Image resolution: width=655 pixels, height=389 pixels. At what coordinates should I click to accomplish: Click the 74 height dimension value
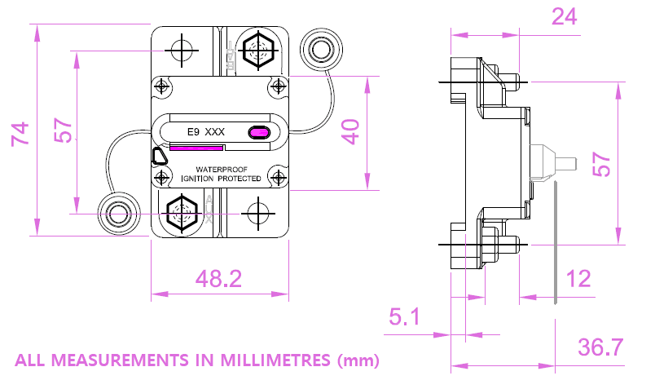[20, 132]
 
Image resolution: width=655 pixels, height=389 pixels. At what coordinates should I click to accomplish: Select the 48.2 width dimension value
[218, 279]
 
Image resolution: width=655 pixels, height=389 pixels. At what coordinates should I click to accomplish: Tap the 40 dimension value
[350, 131]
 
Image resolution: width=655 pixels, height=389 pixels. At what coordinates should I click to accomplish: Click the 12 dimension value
[578, 279]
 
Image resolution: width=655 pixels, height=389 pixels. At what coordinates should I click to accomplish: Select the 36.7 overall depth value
[600, 347]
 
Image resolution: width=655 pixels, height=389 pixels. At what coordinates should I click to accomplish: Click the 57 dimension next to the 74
[63, 131]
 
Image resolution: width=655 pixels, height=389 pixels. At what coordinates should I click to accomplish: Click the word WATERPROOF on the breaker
[220, 169]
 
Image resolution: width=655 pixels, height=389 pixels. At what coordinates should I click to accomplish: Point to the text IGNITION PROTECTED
[221, 179]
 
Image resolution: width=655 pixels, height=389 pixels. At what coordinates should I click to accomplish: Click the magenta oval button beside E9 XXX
[259, 131]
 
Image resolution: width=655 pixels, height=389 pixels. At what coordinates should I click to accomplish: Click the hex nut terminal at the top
[258, 51]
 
